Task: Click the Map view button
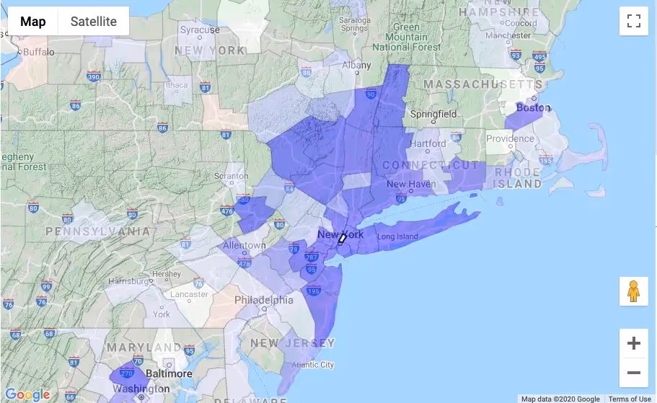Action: (x=32, y=21)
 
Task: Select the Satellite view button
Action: (x=93, y=21)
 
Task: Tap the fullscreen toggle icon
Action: (x=634, y=21)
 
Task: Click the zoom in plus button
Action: (x=634, y=344)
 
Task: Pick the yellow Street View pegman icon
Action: (x=634, y=291)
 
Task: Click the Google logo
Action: (x=27, y=394)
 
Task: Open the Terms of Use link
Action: (x=629, y=399)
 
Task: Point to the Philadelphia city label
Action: (x=264, y=300)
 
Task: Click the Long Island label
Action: (x=397, y=237)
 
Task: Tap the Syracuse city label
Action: (x=200, y=30)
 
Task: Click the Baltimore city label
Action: (x=169, y=373)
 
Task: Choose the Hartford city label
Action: (x=428, y=143)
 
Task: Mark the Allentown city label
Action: (x=244, y=245)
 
